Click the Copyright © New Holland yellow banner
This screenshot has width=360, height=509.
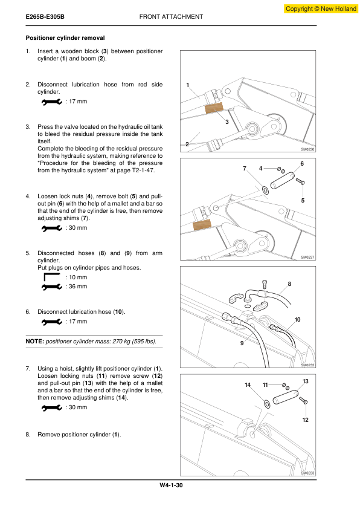point(321,8)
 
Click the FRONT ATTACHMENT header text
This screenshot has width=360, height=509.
point(171,16)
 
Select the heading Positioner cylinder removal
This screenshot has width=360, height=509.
point(65,38)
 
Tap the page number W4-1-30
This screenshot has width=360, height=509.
point(171,485)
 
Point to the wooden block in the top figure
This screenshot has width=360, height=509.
point(214,108)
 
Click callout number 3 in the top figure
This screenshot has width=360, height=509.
point(227,122)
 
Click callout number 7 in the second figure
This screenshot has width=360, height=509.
point(245,169)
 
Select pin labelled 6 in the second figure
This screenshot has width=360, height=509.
point(282,181)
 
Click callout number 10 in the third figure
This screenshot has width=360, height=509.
point(297,320)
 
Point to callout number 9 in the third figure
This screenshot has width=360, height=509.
point(242,343)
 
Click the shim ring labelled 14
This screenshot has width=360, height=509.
point(267,404)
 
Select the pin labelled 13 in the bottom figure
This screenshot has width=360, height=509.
point(286,397)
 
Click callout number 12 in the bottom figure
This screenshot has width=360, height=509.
point(306,420)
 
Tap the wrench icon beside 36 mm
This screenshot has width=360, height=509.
point(52,287)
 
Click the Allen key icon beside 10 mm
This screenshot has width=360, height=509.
point(51,277)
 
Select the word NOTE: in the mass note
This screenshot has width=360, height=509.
point(34,342)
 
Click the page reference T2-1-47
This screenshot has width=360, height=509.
point(143,170)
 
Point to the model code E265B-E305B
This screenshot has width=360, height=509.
point(45,16)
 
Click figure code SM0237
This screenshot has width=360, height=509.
point(307,257)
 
